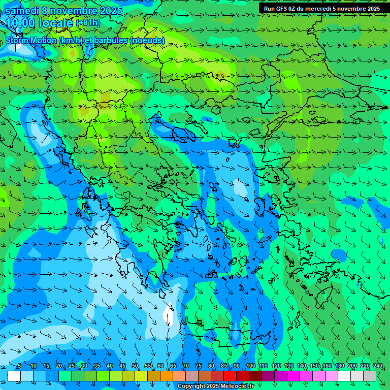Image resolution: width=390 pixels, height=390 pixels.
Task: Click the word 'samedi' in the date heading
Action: coord(22,11)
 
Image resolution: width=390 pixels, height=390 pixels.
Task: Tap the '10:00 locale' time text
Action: coord(40,23)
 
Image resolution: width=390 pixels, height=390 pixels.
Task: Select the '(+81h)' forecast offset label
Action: coord(88,23)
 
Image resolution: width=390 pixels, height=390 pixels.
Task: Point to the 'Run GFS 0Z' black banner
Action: coord(322,9)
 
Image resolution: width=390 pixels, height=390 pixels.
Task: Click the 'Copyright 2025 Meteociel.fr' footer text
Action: coord(216,386)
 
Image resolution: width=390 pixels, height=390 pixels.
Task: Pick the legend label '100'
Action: coord(251,366)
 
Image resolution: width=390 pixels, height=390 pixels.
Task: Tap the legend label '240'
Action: coord(377,366)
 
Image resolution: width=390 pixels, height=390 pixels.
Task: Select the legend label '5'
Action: coord(19,366)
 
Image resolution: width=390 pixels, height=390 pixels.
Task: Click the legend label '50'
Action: coord(135,366)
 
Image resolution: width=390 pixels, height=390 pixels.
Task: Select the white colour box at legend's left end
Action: coord(14,376)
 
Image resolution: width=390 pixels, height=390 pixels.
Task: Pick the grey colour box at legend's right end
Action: coord(370,376)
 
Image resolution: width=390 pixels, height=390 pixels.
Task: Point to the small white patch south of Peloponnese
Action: coord(168,315)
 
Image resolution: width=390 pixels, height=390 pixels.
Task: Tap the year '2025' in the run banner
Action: coord(371,9)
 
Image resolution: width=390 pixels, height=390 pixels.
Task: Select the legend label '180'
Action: coord(339,366)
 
